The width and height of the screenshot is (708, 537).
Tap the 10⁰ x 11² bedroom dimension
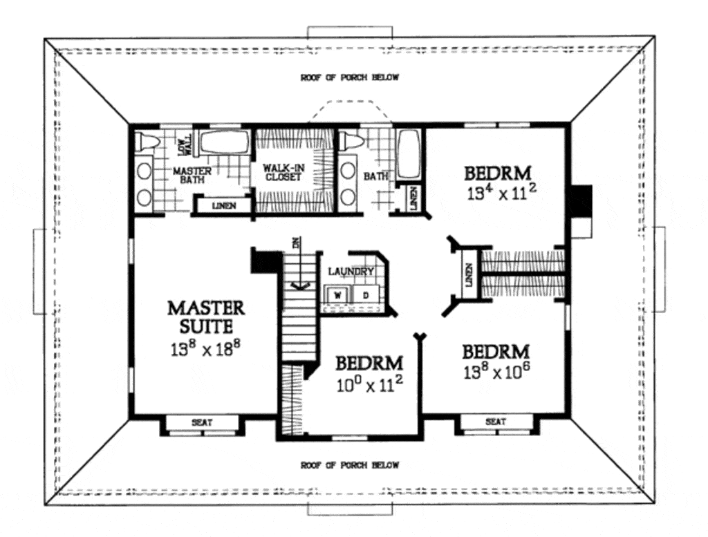(369, 385)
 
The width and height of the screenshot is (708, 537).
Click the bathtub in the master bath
(223, 144)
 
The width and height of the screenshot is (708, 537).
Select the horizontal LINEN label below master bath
(223, 205)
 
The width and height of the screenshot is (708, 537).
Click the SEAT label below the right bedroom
(495, 421)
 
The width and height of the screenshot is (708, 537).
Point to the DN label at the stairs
(296, 243)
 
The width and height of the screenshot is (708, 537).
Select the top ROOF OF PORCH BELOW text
(349, 77)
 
